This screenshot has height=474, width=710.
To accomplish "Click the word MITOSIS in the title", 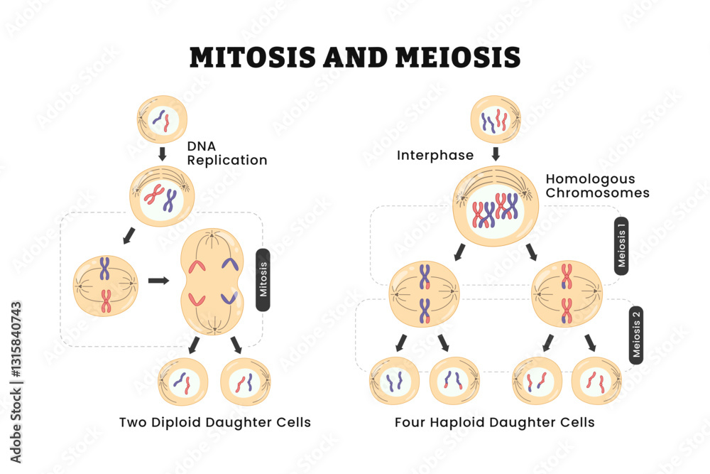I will [x=251, y=57].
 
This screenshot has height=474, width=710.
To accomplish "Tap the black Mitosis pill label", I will [x=263, y=279].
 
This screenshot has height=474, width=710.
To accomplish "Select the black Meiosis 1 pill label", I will [x=621, y=245].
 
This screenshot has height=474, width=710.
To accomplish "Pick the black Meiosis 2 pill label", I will [x=636, y=334].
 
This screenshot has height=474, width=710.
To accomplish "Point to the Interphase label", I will [x=436, y=155].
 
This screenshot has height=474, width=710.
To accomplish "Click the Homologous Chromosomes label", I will [x=597, y=185].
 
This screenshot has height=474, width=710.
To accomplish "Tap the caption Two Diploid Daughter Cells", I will [x=215, y=422].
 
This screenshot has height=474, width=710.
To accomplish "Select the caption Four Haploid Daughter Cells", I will [x=495, y=422].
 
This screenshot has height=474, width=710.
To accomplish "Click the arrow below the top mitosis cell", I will [x=163, y=153].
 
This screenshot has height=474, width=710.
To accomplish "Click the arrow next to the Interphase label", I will [x=496, y=153].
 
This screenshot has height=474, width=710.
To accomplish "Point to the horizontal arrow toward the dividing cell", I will [x=158, y=280].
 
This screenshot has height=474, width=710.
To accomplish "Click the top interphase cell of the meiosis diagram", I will [x=496, y=119].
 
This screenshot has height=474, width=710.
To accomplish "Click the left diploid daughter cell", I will [x=183, y=382].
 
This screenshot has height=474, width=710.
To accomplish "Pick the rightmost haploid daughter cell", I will [x=596, y=381].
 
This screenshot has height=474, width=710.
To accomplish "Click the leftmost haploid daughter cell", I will [x=394, y=381].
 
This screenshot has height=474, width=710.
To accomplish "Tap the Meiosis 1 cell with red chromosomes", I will [x=566, y=292].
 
